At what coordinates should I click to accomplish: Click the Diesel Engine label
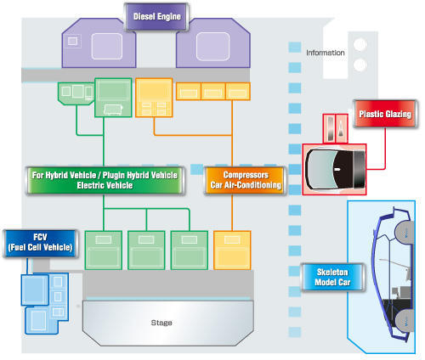pyautogui.click(x=156, y=16)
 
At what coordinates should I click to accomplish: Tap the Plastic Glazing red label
pyautogui.click(x=385, y=114)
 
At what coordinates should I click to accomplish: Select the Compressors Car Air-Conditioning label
pyautogui.click(x=246, y=180)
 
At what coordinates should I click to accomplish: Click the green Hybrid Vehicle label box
pyautogui.click(x=105, y=180)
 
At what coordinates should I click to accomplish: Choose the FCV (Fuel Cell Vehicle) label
pyautogui.click(x=40, y=243)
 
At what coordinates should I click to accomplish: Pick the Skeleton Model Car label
pyautogui.click(x=332, y=277)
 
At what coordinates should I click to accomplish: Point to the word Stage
pyautogui.click(x=161, y=323)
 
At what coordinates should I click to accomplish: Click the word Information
pyautogui.click(x=326, y=53)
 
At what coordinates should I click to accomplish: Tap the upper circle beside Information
pyautogui.click(x=360, y=44)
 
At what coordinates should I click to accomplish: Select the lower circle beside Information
pyautogui.click(x=360, y=65)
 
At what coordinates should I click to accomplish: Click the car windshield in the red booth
pyautogui.click(x=320, y=169)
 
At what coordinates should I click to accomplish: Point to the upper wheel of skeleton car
pyautogui.click(x=405, y=232)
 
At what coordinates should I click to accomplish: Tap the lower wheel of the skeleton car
pyautogui.click(x=405, y=321)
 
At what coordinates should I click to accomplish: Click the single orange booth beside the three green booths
pyautogui.click(x=232, y=250)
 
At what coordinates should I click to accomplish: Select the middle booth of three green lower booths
pyautogui.click(x=146, y=250)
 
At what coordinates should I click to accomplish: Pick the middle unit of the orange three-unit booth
pyautogui.click(x=213, y=92)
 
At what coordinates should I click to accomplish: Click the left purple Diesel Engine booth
pyautogui.click(x=99, y=43)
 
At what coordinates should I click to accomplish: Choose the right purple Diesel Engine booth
pyautogui.click(x=213, y=43)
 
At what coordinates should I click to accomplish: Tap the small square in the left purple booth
pyautogui.click(x=72, y=41)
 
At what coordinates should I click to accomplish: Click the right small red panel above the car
pyautogui.click(x=342, y=128)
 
